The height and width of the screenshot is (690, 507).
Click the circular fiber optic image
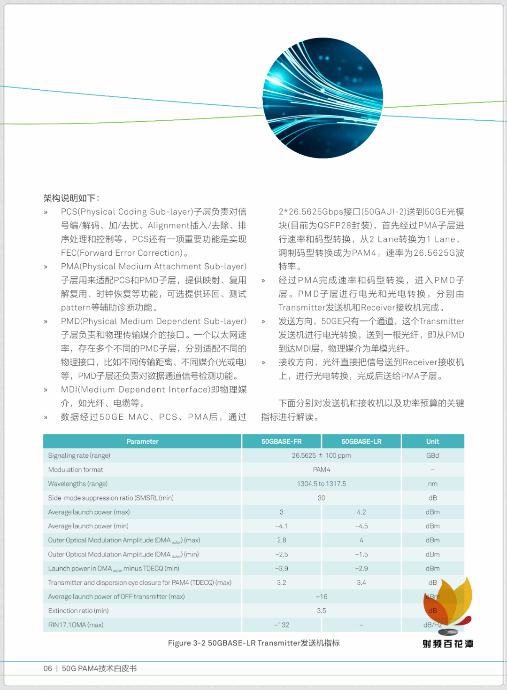coord(323,98)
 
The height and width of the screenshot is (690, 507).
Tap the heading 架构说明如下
coord(71,198)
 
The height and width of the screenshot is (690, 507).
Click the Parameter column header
coord(142,441)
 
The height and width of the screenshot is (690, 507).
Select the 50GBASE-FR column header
coord(281,441)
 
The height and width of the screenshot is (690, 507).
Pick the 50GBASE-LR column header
coord(361,441)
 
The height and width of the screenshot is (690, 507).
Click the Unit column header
coord(432,441)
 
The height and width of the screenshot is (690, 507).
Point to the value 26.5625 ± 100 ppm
coord(321,455)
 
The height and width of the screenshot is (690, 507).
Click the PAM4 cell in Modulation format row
coord(321,470)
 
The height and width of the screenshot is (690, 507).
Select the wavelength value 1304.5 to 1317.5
coord(321,484)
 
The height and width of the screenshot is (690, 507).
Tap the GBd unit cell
coord(432,455)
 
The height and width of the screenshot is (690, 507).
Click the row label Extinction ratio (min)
coord(78,611)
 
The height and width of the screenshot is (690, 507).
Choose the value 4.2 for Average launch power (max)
coord(361,512)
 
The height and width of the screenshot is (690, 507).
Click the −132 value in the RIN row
coord(281,625)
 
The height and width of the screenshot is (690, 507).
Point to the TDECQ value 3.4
coord(361,582)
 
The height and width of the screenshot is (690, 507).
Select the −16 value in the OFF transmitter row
coord(321,596)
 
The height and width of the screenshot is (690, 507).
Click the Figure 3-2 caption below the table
coord(253,643)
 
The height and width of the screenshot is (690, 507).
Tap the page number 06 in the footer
coord(47,668)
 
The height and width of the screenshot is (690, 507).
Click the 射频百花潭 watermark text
coord(448,644)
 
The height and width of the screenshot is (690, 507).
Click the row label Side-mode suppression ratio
coord(111,498)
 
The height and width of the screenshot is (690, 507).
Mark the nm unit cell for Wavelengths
coord(432,484)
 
